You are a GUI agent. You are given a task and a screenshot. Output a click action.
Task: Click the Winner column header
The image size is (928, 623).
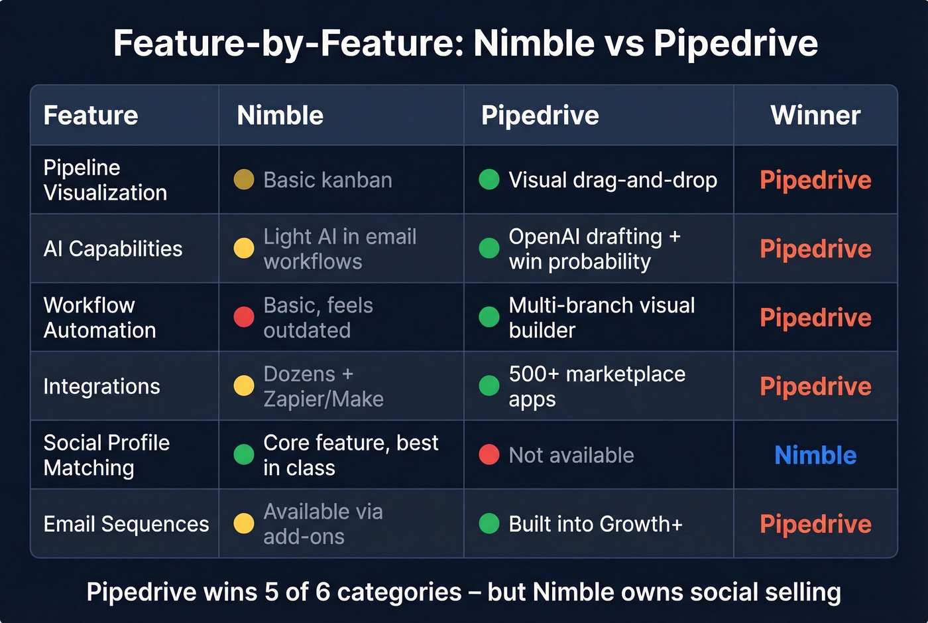tap(815, 115)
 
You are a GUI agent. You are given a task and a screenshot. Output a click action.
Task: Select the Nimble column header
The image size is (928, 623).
tap(280, 115)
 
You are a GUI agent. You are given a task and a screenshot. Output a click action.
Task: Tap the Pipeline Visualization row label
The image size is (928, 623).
tap(105, 180)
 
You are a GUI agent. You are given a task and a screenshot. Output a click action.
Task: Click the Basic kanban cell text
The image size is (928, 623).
tap(327, 180)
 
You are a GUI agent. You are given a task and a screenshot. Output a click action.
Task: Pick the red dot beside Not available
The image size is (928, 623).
tap(489, 455)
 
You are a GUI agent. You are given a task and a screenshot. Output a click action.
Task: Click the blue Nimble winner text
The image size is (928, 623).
tap(815, 455)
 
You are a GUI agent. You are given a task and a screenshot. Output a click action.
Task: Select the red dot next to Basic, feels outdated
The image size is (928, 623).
tap(244, 317)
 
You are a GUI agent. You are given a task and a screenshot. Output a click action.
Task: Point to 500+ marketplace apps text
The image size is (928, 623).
tap(597, 386)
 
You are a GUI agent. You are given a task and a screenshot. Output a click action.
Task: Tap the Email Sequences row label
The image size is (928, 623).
tap(126, 524)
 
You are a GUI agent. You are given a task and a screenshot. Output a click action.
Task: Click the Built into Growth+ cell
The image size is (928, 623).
tap(595, 524)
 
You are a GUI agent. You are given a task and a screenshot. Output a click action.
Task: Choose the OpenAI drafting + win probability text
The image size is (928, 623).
tap(594, 249)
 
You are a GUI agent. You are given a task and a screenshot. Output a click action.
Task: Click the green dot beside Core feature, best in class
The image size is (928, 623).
tap(244, 455)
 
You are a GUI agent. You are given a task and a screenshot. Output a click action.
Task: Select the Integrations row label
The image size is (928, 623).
tap(101, 386)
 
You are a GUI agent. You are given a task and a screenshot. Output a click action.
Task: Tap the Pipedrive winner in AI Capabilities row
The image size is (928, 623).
tap(815, 249)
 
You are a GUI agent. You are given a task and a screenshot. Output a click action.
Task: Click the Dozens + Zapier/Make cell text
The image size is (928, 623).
tap(323, 386)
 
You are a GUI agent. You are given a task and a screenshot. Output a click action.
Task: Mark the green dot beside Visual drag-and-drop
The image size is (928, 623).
tap(489, 180)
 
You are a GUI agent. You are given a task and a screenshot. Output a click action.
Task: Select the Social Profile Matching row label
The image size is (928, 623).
tap(106, 455)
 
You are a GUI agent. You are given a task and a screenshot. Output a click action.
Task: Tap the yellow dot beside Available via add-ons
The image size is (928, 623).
tap(244, 524)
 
